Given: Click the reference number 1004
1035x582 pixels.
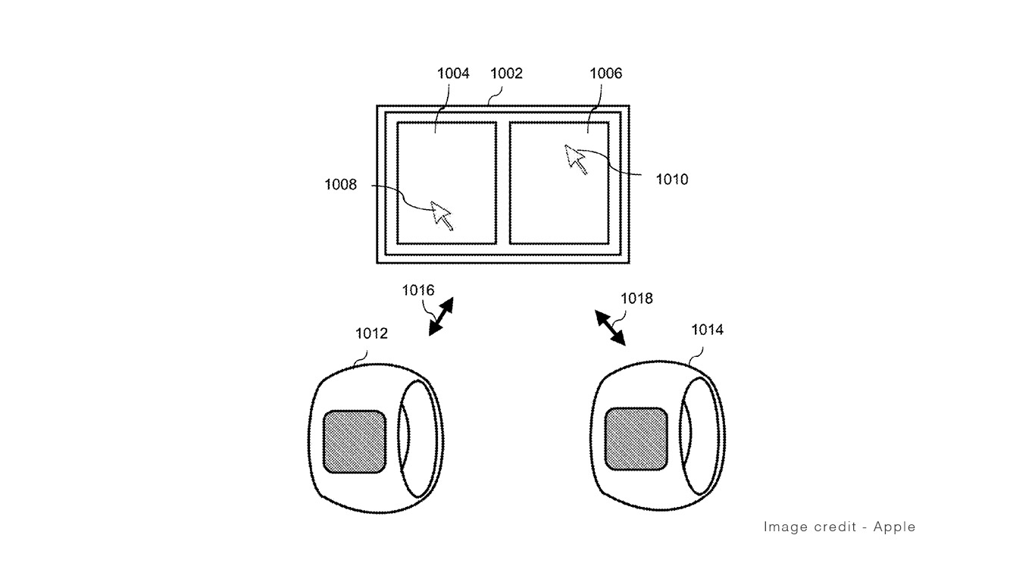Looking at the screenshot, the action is tap(453, 73).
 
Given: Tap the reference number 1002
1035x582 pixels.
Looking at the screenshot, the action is tap(506, 73).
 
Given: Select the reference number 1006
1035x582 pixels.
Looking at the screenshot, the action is tap(605, 73).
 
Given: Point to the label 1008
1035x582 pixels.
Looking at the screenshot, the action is tap(340, 184).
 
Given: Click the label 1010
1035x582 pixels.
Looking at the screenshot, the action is tap(672, 179).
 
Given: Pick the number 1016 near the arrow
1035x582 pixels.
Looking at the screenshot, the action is tap(418, 289).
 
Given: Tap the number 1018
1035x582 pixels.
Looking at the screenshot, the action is tap(636, 298).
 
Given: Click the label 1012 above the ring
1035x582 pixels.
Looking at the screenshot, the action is tap(371, 333).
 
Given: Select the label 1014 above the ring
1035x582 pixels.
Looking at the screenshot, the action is tap(707, 330).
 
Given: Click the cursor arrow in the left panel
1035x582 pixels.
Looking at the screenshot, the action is tap(442, 215).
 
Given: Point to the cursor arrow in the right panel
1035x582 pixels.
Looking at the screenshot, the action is tap(576, 159).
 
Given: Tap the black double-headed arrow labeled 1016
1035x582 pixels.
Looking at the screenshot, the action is tap(441, 316).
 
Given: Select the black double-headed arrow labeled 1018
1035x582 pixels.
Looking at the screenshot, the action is tap(610, 327).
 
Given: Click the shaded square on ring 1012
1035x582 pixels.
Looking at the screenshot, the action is tap(355, 442).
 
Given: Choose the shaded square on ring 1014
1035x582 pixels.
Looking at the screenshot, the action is tap(636, 439).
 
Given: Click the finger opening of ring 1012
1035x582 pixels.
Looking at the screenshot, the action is tap(417, 440).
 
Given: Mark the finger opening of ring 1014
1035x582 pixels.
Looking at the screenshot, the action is tap(699, 436).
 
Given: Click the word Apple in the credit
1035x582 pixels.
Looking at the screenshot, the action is tap(894, 527).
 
